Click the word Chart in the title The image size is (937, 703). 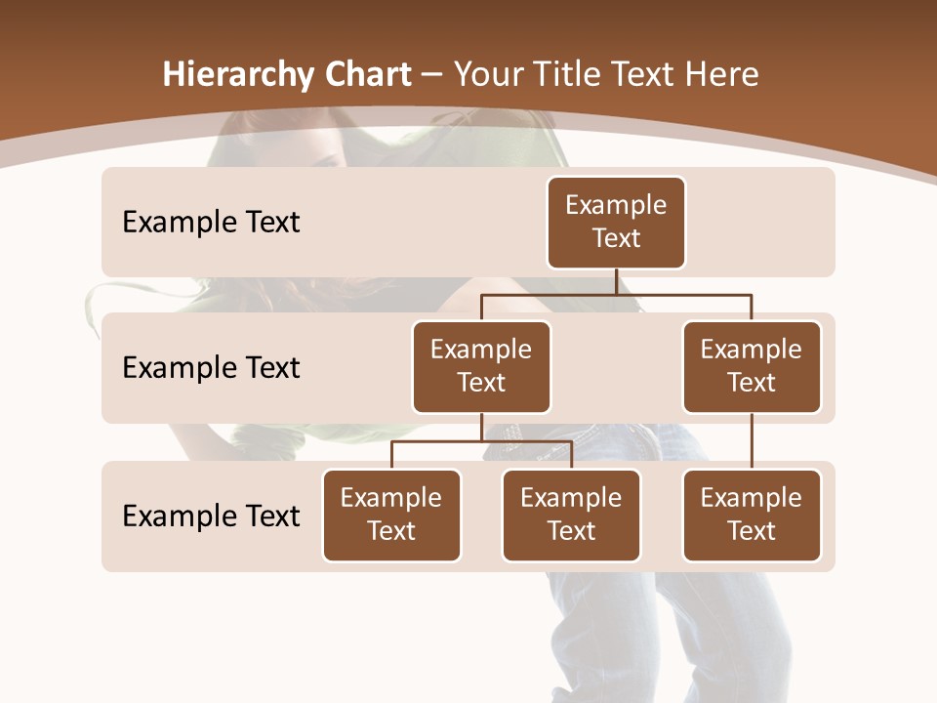click(x=365, y=74)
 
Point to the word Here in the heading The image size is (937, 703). click(x=722, y=74)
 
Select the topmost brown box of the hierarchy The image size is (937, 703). click(x=616, y=223)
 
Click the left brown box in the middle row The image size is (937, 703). click(x=481, y=367)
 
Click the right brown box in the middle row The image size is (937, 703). click(x=752, y=367)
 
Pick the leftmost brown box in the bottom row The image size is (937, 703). click(x=391, y=516)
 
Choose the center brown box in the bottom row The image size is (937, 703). click(x=571, y=516)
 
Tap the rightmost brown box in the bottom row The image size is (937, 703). click(x=752, y=516)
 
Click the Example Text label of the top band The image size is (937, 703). click(x=211, y=223)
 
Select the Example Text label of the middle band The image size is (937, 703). click(x=211, y=368)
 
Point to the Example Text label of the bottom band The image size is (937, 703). click(x=211, y=516)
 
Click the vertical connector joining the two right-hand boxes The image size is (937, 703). click(x=752, y=441)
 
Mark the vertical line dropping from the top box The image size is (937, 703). click(x=616, y=281)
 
